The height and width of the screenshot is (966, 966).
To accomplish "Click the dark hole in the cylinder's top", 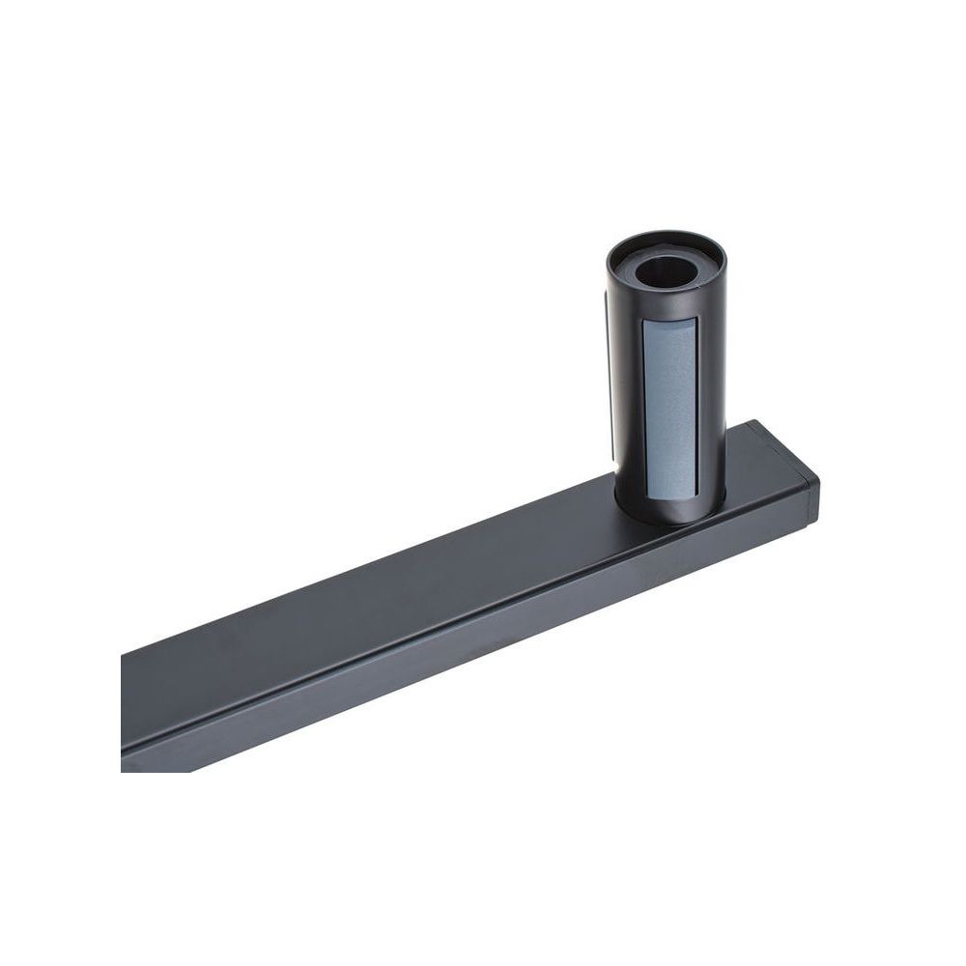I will click(x=666, y=268).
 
